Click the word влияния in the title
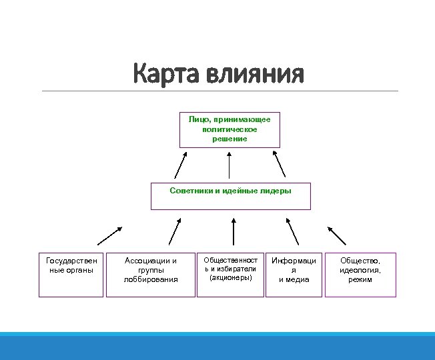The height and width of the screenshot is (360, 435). [257, 74]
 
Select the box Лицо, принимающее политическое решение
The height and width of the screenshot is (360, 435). [230, 129]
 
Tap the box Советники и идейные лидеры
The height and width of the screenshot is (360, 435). [230, 196]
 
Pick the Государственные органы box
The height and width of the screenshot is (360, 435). [71, 274]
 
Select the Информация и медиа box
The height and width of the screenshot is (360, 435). [294, 274]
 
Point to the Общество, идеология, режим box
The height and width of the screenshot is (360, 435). [360, 274]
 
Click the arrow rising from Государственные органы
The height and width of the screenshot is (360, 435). [109, 236]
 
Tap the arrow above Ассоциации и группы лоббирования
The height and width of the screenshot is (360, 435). [175, 231]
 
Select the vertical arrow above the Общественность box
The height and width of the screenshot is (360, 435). [233, 231]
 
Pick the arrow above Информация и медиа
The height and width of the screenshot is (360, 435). [293, 231]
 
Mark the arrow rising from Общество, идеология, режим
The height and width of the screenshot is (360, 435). [336, 234]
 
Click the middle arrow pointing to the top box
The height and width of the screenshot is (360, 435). [230, 165]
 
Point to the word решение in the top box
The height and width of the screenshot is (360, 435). [230, 139]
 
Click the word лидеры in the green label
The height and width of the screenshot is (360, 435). [276, 190]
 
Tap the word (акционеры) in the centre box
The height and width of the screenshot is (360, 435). [230, 277]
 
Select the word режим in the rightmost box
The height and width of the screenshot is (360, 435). [360, 279]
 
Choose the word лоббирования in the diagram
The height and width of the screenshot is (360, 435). [151, 279]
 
